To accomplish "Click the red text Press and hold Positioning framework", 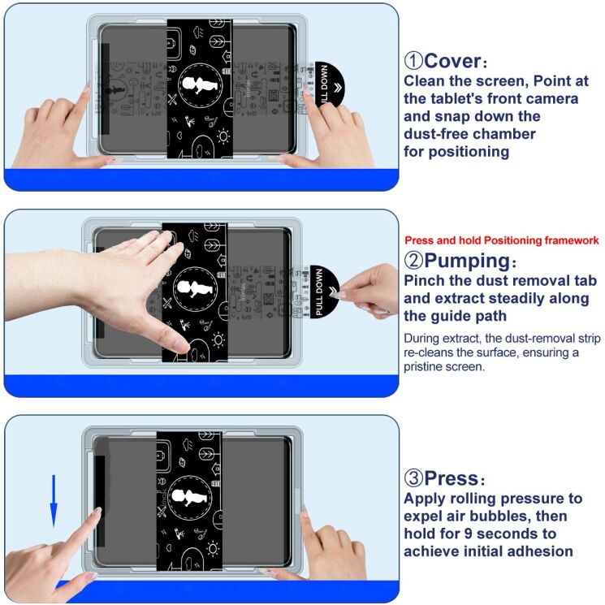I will pyautogui.click(x=501, y=240).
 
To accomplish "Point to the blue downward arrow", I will pyautogui.click(x=54, y=500).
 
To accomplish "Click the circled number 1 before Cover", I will pyautogui.click(x=413, y=61).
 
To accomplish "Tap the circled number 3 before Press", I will pyautogui.click(x=413, y=478).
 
